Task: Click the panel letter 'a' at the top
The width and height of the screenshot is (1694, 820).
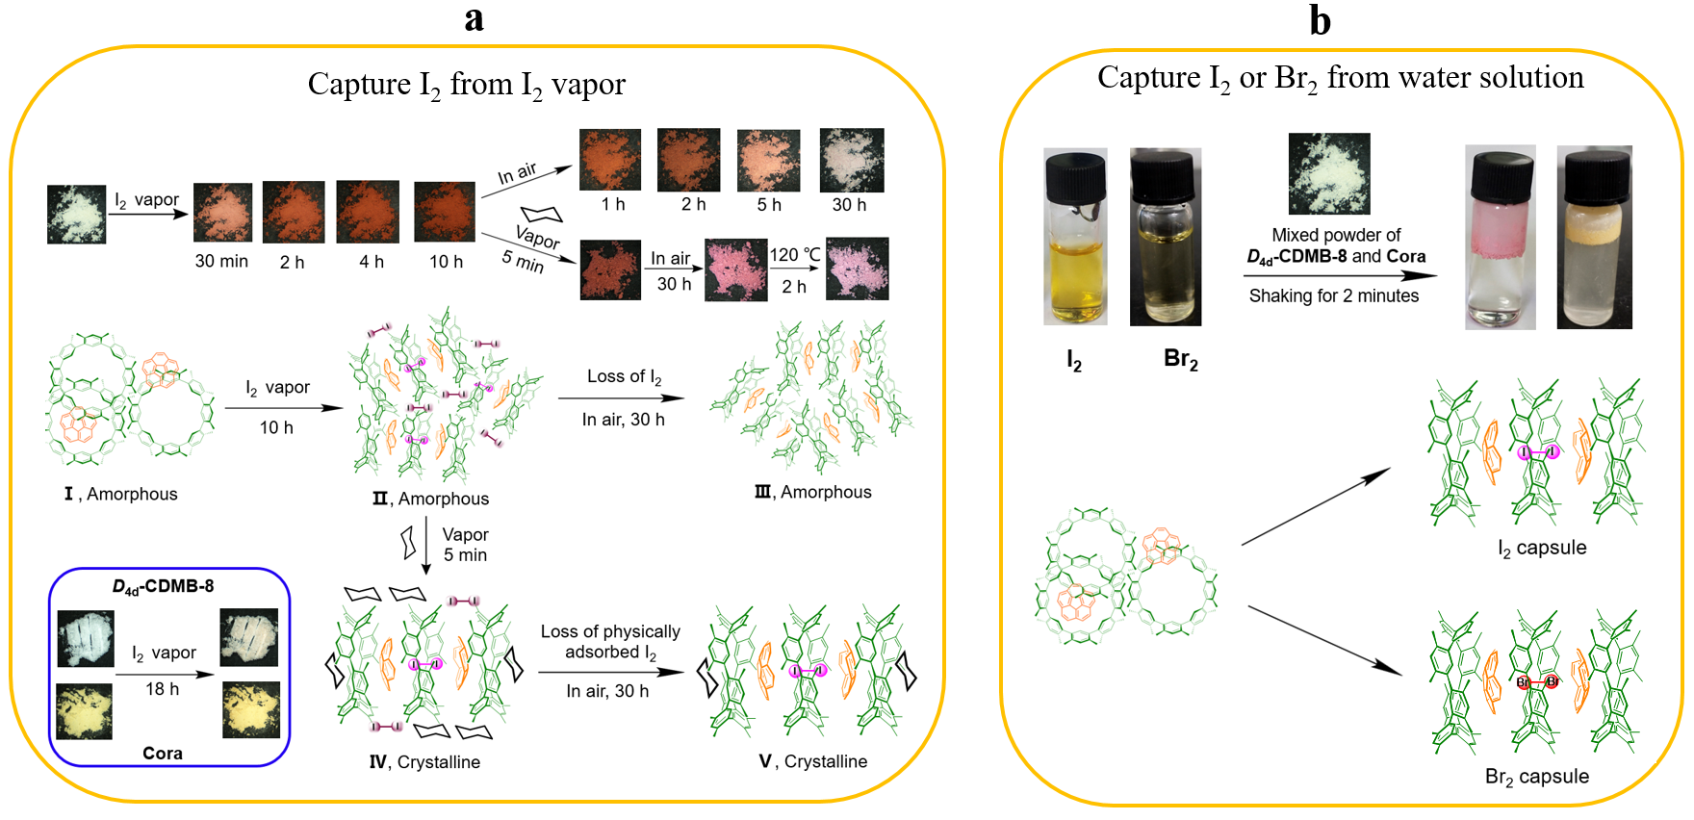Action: pos(474,18)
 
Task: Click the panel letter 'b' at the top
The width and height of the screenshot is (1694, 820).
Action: pos(1320,20)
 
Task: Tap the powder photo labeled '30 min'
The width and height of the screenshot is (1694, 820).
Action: pos(222,212)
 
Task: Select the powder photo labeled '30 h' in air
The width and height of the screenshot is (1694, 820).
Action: pos(851,160)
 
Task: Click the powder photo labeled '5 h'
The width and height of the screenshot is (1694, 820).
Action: pos(768,160)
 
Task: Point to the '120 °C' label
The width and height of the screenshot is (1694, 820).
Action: pos(794,255)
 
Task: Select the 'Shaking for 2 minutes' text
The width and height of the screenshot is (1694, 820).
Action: pos(1333,296)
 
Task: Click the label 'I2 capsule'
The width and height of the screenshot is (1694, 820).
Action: pos(1542,548)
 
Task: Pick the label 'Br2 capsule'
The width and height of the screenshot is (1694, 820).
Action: pos(1536,777)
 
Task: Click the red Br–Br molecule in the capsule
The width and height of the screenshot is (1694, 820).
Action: pos(1537,682)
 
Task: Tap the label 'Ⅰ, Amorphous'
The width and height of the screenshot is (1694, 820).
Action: pos(121,494)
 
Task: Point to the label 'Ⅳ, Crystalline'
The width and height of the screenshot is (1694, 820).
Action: pos(424,762)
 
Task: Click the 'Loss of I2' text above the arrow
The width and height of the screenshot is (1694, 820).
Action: pos(624,376)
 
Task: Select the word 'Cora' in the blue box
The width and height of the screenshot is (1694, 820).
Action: pos(163,753)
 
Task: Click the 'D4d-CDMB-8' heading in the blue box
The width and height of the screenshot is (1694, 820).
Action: pos(163,586)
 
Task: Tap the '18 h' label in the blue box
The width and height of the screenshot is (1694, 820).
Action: pos(163,689)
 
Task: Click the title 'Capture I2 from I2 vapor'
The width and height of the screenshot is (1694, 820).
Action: pos(466,85)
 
